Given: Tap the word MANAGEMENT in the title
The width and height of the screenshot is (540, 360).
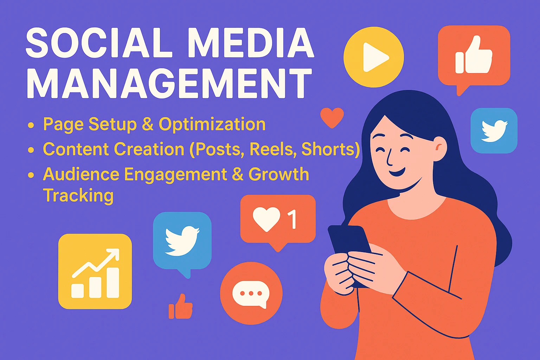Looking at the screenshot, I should click(169, 83).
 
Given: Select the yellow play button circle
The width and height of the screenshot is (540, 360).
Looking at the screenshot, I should click(374, 57).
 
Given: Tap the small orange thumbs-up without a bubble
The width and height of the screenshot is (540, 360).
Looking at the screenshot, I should click(181, 307).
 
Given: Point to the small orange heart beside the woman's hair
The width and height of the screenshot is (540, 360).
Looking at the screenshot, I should click(332, 117).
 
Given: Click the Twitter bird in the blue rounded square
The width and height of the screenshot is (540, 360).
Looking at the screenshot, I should click(494, 131).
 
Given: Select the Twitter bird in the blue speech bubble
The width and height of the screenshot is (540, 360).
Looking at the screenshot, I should click(182, 240).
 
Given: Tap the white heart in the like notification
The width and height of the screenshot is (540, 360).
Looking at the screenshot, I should click(266, 219).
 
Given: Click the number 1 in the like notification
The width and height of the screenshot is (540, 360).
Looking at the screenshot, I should click(292, 219).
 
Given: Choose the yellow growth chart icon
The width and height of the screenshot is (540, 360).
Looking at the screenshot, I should click(95, 271).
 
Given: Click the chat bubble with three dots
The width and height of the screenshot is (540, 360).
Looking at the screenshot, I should click(251, 293).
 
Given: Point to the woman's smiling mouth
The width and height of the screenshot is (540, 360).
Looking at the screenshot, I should click(397, 172).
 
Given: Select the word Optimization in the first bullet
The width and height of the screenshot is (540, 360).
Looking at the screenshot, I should click(212, 124).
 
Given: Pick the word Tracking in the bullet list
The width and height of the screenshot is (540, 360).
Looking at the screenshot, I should click(78, 196).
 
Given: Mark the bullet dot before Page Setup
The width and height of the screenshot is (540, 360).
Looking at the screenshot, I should click(31, 125).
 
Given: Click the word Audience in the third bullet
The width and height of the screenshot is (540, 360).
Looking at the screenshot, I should click(81, 174).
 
